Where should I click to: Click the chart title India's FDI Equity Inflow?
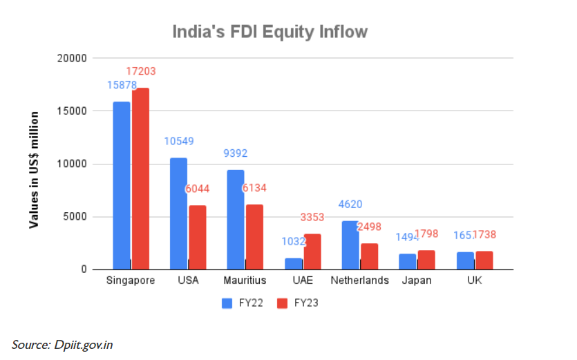(x=269, y=32)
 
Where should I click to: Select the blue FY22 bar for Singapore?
(x=122, y=185)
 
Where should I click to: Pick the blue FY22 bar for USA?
(x=178, y=213)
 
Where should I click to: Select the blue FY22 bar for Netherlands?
(x=350, y=245)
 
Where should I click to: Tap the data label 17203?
(x=141, y=71)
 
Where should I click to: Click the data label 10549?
(x=179, y=141)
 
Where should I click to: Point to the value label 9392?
(x=236, y=153)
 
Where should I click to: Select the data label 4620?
(x=350, y=204)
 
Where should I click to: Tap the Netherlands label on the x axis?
(x=359, y=281)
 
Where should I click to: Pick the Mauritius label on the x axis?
(x=245, y=281)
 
